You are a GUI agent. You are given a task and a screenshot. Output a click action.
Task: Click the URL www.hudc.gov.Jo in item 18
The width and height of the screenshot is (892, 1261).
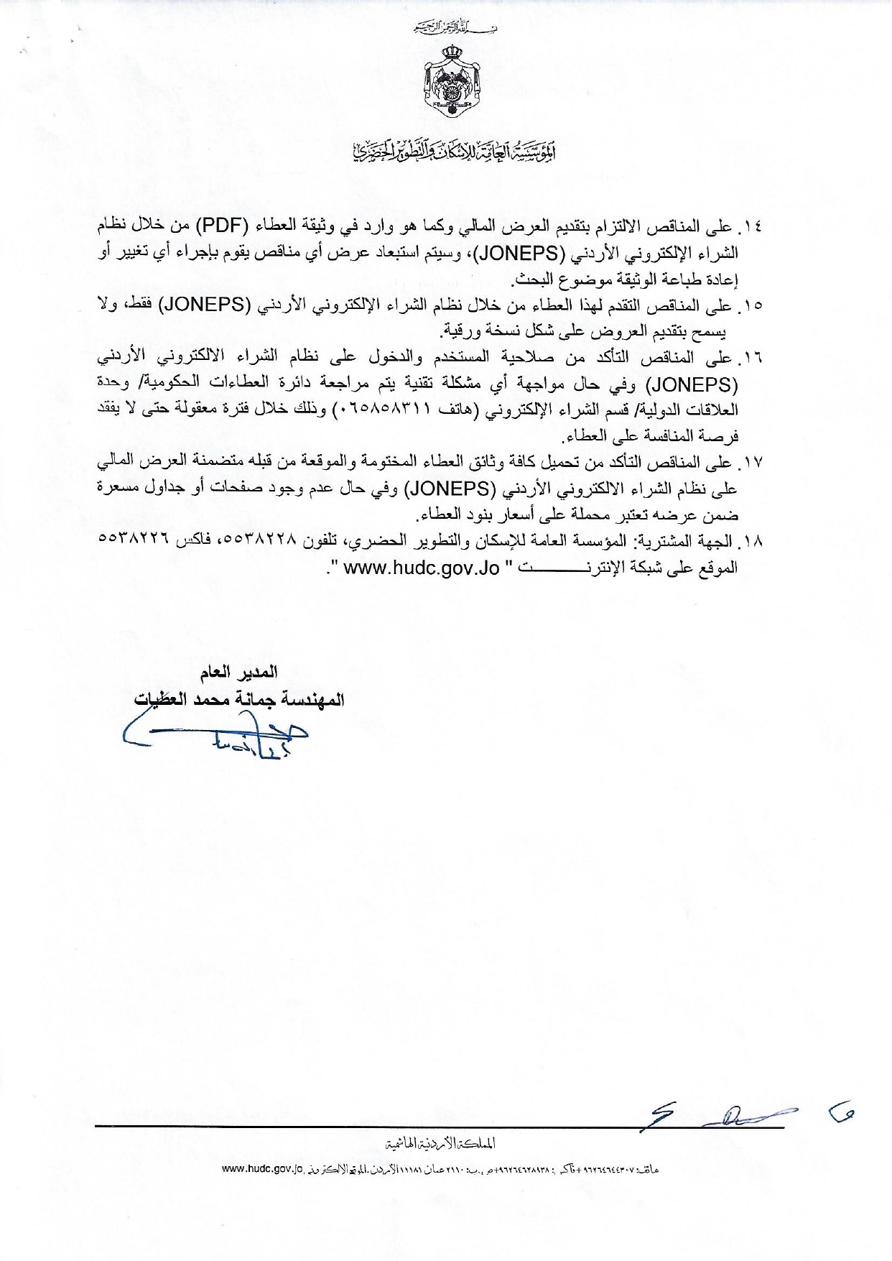[422, 568]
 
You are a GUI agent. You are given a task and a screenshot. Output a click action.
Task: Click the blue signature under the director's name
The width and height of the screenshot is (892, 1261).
[215, 736]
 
